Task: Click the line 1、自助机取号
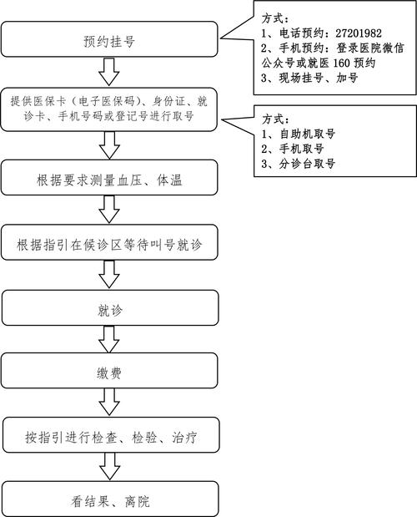(x=302, y=132)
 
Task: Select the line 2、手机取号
(x=297, y=148)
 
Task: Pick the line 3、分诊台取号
(x=302, y=165)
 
